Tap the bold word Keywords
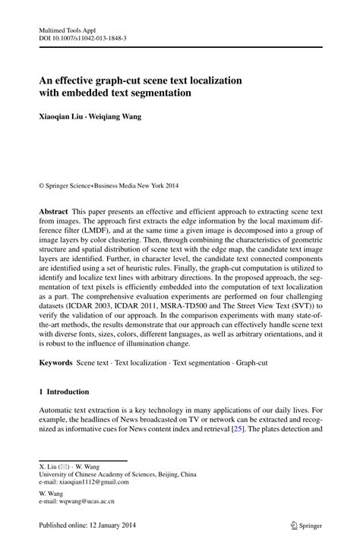(x=56, y=364)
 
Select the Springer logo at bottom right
(x=295, y=523)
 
